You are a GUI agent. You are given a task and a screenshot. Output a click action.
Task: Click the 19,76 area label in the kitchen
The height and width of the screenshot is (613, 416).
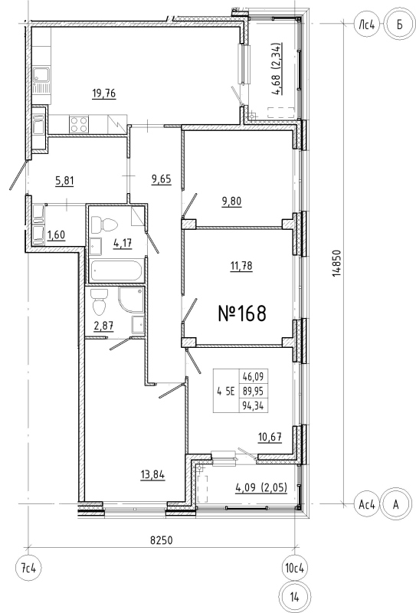(x=104, y=93)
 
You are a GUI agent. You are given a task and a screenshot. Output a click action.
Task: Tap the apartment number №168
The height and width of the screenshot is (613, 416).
(x=242, y=313)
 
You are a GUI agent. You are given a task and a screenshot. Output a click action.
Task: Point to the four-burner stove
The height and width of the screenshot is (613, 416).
(x=78, y=124)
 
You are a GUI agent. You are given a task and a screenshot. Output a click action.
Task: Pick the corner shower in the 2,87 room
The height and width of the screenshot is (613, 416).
(x=131, y=300)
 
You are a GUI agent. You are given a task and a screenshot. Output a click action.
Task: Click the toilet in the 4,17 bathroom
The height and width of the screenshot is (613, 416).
(x=104, y=225)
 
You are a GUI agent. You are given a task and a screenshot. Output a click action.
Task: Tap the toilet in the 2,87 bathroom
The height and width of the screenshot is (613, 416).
(x=100, y=303)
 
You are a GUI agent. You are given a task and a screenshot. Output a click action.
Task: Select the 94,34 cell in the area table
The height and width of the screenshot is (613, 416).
(x=253, y=406)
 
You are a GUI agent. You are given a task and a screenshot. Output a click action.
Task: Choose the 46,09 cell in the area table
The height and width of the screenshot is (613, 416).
(x=253, y=377)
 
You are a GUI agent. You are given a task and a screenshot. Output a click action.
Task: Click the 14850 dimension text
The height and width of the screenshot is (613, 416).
(x=336, y=264)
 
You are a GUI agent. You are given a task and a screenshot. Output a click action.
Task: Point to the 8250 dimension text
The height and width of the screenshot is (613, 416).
(x=162, y=540)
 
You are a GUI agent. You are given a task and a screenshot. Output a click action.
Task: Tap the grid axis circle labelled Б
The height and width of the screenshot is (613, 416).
(x=399, y=25)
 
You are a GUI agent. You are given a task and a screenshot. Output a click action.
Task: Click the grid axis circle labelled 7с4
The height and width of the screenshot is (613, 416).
(x=28, y=568)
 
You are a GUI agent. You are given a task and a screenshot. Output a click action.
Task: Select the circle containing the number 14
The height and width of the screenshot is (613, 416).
(x=295, y=597)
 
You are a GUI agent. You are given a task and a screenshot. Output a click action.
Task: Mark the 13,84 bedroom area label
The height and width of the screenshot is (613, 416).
(x=152, y=475)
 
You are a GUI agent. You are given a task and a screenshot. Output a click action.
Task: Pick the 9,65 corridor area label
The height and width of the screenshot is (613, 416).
(x=161, y=180)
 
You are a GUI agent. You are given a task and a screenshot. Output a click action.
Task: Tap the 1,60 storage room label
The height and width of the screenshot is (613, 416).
(x=56, y=235)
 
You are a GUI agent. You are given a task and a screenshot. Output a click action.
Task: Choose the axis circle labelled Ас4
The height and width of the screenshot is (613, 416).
(x=367, y=505)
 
